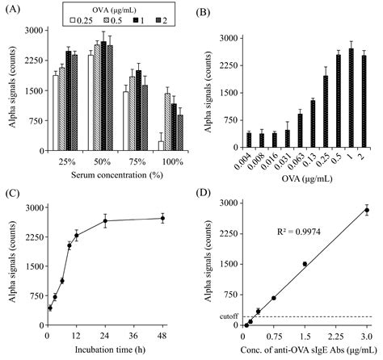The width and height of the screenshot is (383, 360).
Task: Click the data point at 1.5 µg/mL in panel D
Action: click(305, 264)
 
